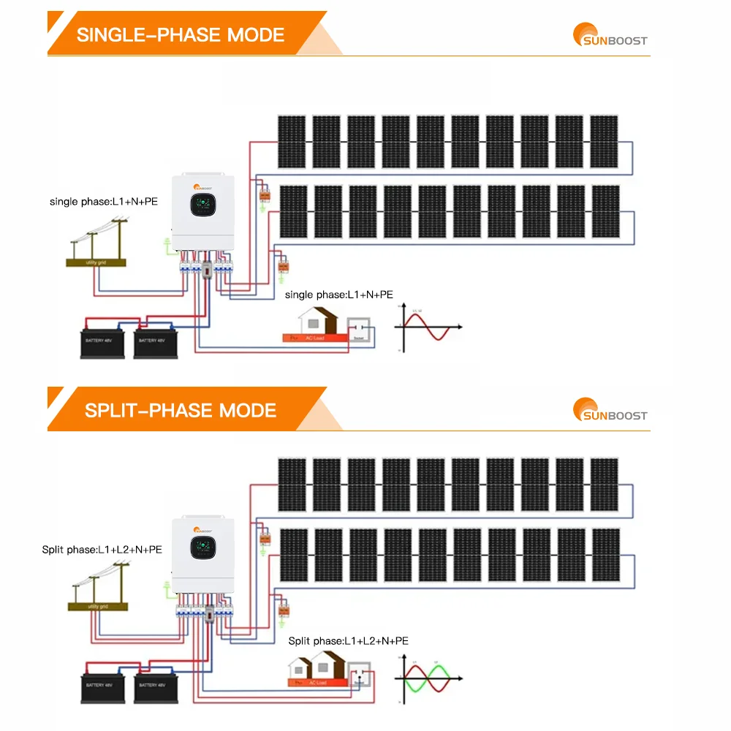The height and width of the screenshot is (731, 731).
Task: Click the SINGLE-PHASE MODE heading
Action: click(x=181, y=34)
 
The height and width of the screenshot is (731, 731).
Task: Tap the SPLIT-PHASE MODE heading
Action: click(x=181, y=409)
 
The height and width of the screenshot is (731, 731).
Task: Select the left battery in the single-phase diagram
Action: click(x=102, y=343)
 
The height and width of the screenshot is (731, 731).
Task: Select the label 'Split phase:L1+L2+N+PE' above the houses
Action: click(x=348, y=640)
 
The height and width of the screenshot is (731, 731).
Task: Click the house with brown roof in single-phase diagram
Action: click(x=320, y=322)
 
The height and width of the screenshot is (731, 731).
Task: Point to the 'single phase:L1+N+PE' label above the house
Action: click(x=338, y=295)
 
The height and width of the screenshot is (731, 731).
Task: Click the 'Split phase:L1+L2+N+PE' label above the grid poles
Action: click(x=102, y=549)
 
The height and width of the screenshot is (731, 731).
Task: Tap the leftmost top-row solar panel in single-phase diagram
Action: click(x=292, y=141)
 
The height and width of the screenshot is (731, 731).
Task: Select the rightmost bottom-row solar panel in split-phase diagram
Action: click(x=606, y=555)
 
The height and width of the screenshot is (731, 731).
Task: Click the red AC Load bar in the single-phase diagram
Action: click(x=314, y=338)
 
